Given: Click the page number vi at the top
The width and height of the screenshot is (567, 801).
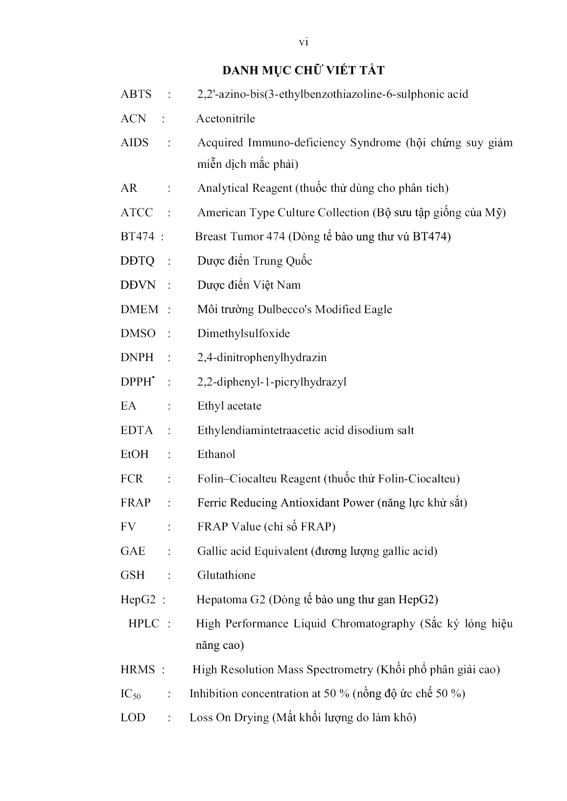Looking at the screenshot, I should (x=304, y=43).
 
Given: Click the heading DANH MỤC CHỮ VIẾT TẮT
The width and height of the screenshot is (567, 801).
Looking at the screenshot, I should (x=303, y=70).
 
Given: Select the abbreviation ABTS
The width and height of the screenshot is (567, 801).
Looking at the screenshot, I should (x=136, y=94).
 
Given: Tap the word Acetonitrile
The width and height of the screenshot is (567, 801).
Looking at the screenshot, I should (x=226, y=118).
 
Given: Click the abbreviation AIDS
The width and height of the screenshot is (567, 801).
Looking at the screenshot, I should (x=135, y=143).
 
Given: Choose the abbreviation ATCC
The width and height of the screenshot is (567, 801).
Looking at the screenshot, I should (x=137, y=212).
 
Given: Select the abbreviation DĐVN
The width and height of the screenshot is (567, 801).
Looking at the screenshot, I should (x=137, y=285).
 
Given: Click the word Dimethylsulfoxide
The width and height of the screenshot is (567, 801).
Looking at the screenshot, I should (x=243, y=333).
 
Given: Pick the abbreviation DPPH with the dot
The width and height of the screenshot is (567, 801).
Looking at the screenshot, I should (x=137, y=382).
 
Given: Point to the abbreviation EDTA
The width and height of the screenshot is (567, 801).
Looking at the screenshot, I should (x=137, y=431).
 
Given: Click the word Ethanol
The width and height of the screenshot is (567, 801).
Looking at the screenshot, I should (x=216, y=455).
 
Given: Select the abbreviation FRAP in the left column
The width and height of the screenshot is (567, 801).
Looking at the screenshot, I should (x=136, y=503).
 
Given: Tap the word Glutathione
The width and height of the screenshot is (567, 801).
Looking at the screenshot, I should (x=226, y=575).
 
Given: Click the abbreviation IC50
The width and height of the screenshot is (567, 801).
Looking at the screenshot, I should (x=131, y=694).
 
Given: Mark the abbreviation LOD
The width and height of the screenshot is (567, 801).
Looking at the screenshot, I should (x=133, y=718).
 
